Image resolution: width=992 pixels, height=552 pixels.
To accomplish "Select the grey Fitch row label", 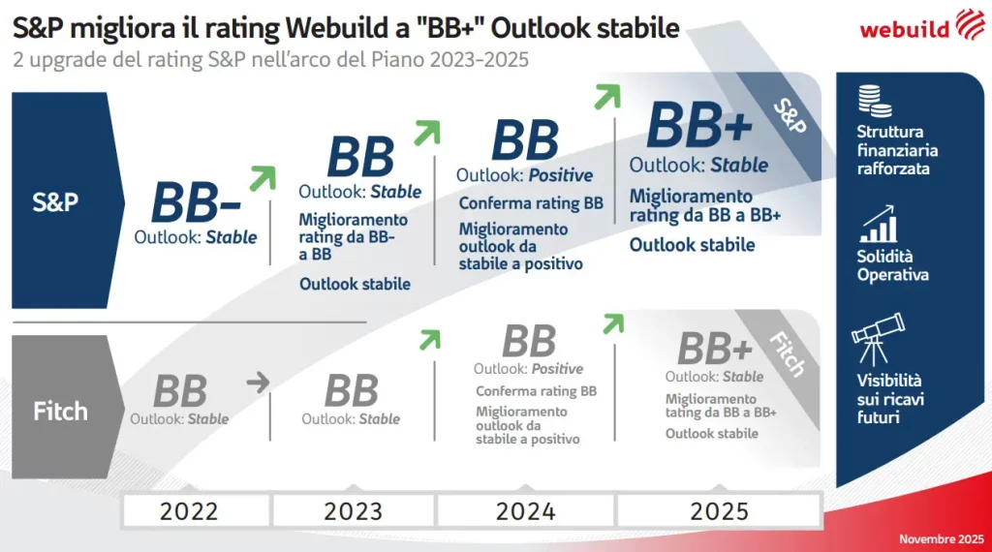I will click(x=60, y=410).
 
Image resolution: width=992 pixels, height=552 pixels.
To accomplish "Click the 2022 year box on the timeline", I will click(x=189, y=510).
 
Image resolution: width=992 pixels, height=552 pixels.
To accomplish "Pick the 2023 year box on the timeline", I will click(x=353, y=510).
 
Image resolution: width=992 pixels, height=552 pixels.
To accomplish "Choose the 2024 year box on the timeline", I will click(x=526, y=510).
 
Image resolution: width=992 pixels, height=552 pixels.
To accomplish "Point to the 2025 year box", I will click(x=719, y=510).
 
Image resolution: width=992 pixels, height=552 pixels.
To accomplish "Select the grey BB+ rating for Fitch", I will click(x=715, y=350).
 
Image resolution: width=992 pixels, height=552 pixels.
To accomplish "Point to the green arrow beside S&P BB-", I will click(x=262, y=178).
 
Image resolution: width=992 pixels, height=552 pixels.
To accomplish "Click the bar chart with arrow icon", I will click(x=878, y=224).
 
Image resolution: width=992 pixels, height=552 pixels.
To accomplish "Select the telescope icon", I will click(x=878, y=339).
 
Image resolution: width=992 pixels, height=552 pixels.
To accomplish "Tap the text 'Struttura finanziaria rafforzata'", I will click(x=897, y=150).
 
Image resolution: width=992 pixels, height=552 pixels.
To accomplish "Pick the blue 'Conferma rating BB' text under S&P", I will click(x=531, y=203).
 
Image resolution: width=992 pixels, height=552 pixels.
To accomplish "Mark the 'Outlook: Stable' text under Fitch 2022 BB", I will click(x=179, y=419).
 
